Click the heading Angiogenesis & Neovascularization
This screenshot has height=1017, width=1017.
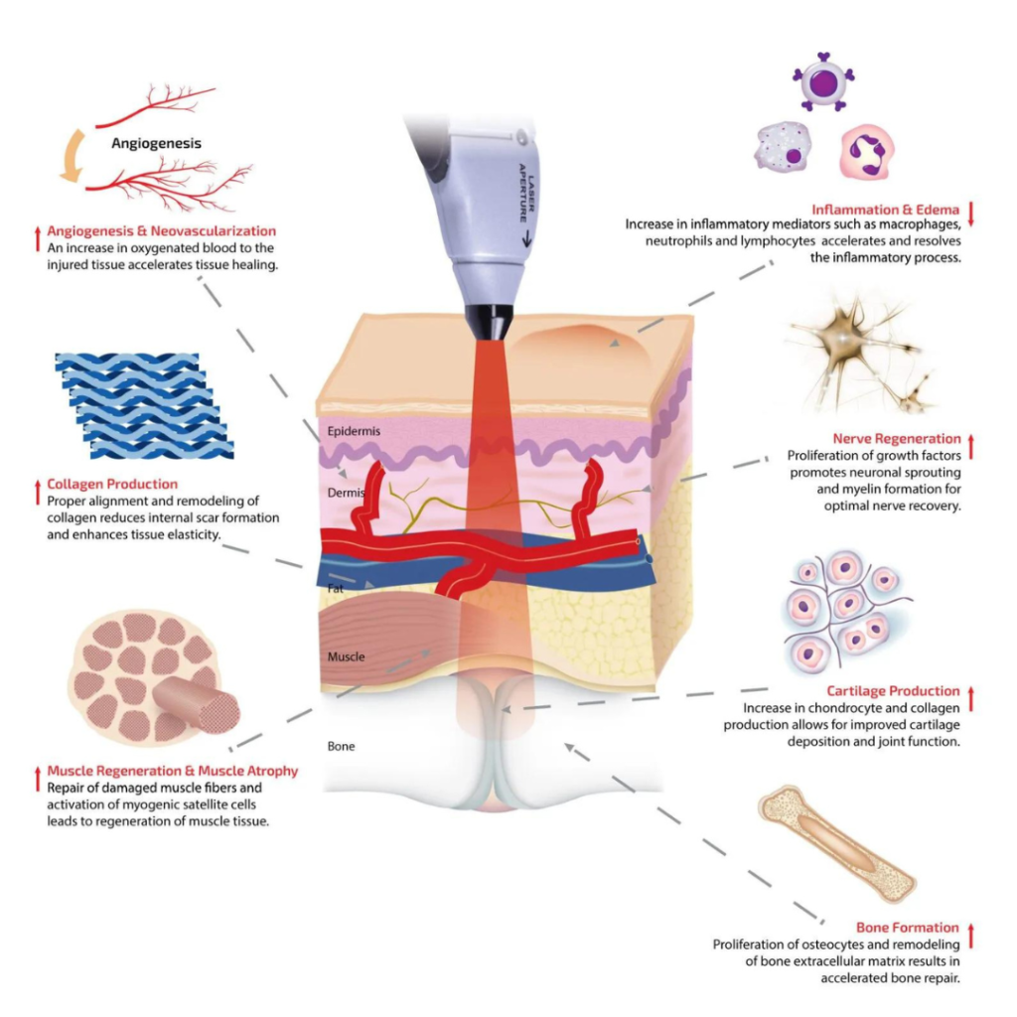click(x=162, y=230)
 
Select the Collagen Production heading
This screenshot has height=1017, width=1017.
click(x=112, y=484)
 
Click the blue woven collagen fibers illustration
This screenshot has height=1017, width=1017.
click(x=144, y=406)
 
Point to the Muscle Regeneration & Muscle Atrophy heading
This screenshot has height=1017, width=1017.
click(x=173, y=771)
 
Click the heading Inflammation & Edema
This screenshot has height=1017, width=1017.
click(x=885, y=210)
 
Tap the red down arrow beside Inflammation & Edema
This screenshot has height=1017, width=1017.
click(x=971, y=215)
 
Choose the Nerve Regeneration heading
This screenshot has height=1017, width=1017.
click(x=897, y=438)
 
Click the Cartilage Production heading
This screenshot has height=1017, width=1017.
click(x=893, y=691)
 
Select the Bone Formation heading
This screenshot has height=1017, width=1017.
click(x=908, y=928)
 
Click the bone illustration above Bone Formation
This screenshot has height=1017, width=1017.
click(x=836, y=844)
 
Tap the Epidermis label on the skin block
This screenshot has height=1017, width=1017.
click(x=354, y=431)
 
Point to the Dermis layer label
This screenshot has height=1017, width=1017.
click(x=347, y=493)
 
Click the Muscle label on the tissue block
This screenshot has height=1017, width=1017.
click(x=346, y=656)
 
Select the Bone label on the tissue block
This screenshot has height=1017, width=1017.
click(x=342, y=747)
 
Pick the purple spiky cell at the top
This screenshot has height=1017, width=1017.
click(x=823, y=82)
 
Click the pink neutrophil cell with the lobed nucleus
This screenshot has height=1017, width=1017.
click(x=867, y=152)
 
